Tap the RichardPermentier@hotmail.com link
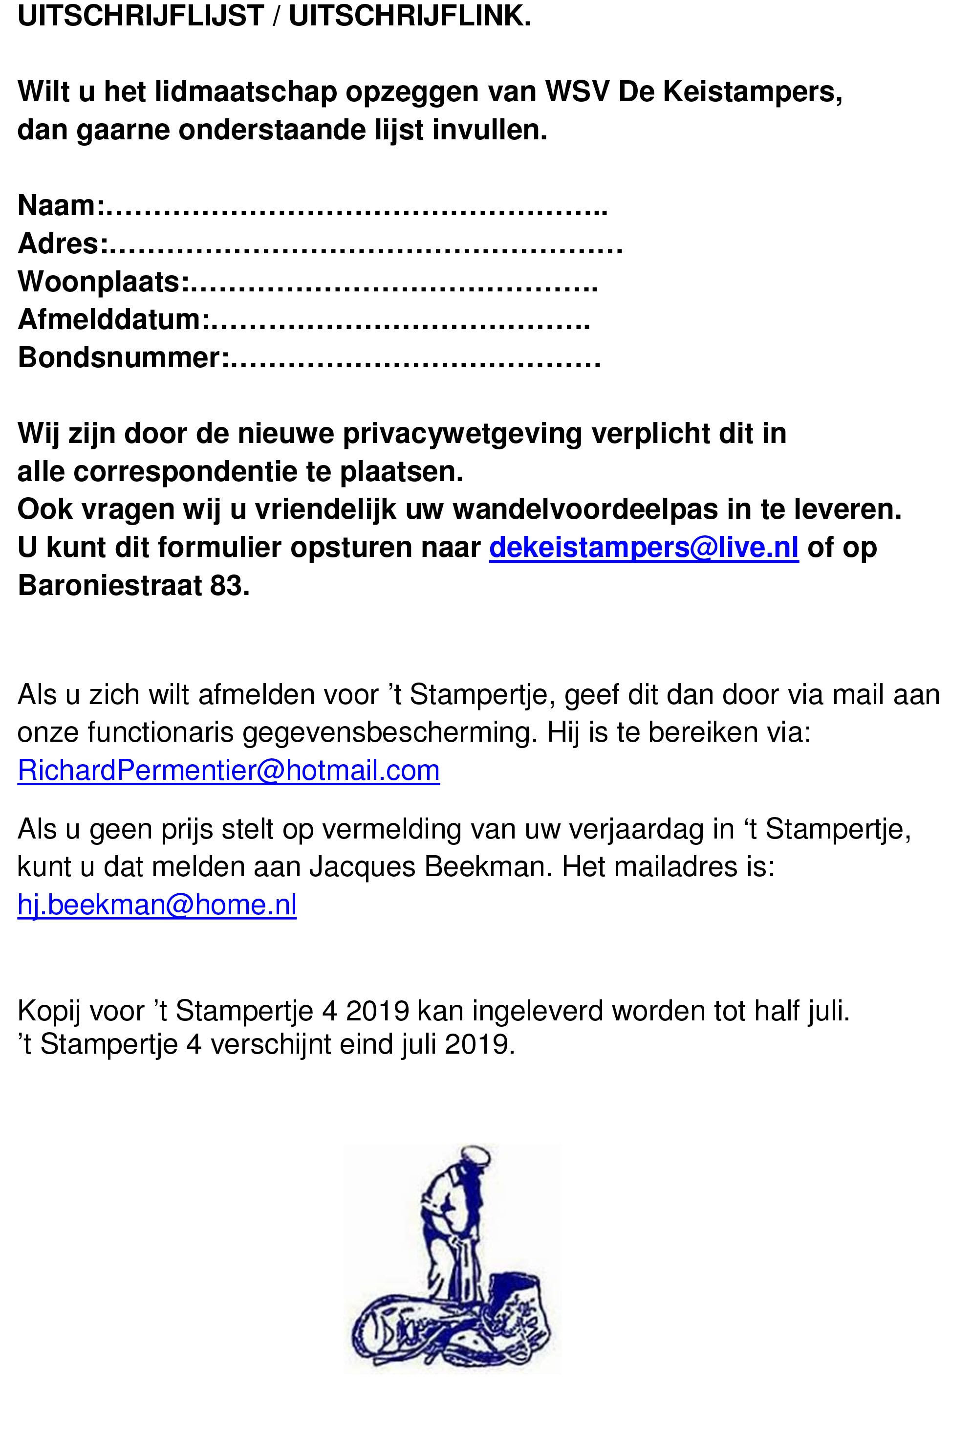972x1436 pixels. pyautogui.click(x=229, y=771)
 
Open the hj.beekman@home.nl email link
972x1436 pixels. pyautogui.click(x=157, y=905)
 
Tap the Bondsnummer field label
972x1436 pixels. pyautogui.click(x=119, y=358)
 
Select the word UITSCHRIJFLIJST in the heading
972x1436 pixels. pyautogui.click(x=141, y=17)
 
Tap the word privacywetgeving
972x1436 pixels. pyautogui.click(x=462, y=434)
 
